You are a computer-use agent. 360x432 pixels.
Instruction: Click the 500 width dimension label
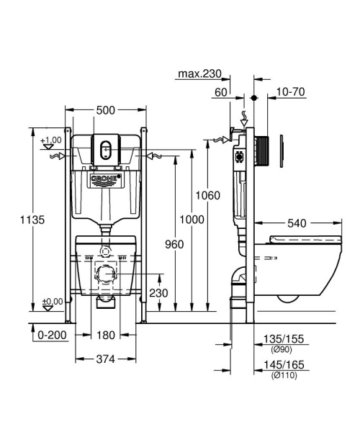(105, 110)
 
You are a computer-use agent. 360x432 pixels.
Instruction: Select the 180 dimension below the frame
(105, 336)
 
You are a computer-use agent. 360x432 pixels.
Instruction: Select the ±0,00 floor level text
(51, 302)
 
